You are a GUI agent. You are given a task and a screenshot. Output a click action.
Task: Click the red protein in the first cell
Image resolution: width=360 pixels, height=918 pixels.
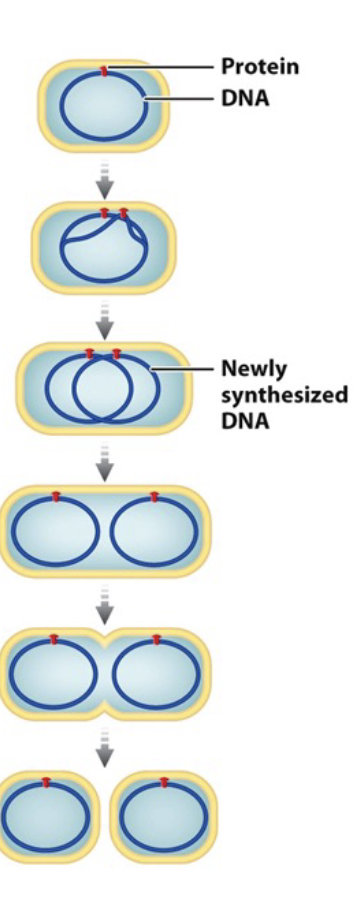coord(106,70)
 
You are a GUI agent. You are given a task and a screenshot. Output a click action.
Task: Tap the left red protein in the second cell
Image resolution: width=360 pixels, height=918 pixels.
coord(104,213)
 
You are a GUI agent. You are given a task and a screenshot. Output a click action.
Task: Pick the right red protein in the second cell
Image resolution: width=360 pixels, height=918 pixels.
coord(124,213)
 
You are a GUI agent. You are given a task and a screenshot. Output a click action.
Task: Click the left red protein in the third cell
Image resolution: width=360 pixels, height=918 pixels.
coord(90,353)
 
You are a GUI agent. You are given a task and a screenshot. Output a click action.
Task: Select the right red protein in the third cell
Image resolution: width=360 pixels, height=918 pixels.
coord(117,353)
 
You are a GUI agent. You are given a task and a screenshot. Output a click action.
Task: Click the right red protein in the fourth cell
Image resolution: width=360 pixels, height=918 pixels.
coord(154,495)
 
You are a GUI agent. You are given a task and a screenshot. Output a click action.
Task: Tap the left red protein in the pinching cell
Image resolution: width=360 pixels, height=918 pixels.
coord(56,638)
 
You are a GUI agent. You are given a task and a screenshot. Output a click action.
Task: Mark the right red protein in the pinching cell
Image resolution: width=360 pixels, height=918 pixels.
coord(156,638)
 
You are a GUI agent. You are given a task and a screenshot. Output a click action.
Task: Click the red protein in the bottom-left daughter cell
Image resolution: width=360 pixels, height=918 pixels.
coord(46,781)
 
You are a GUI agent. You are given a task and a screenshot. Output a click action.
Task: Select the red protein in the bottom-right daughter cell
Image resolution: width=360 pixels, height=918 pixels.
coord(164,781)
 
